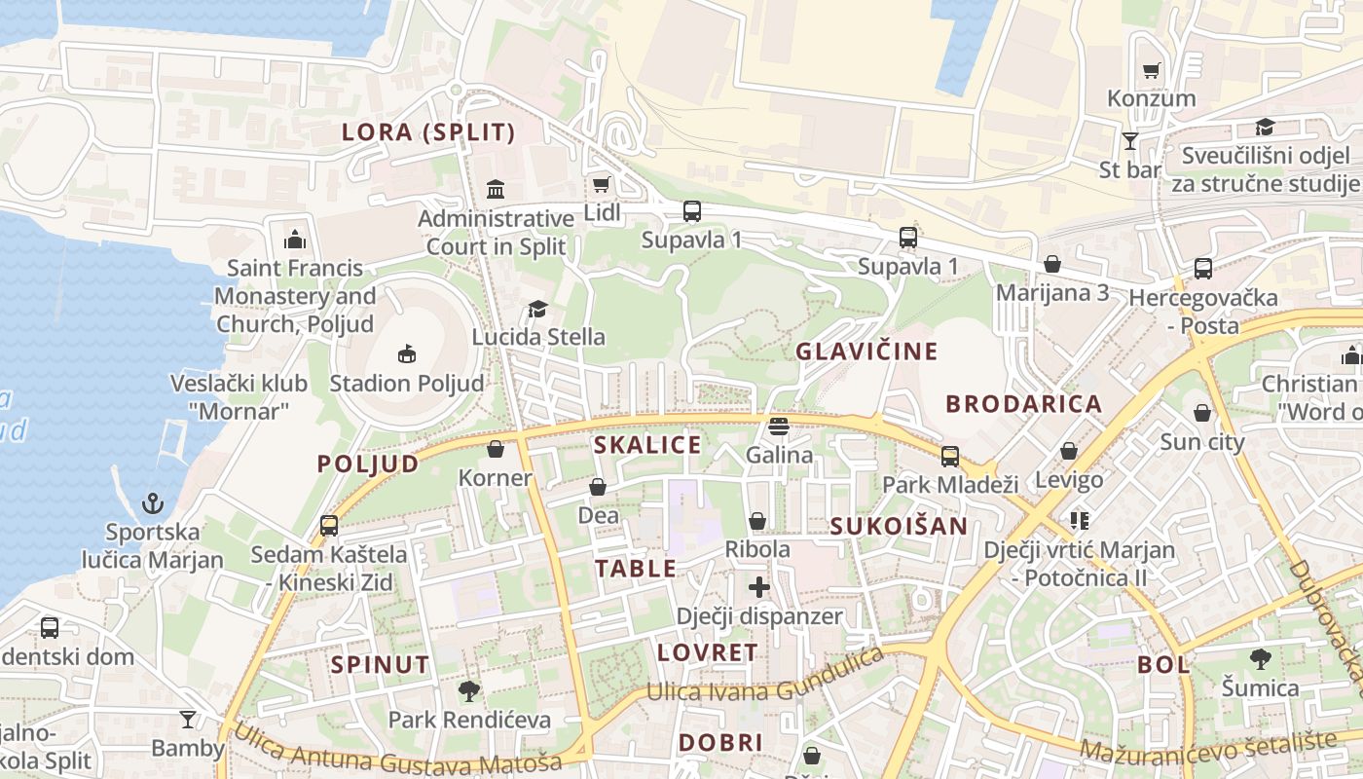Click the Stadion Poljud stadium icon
(x=407, y=353)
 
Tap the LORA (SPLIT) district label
(x=428, y=132)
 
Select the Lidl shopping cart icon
(x=601, y=184)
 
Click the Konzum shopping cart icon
(x=1151, y=70)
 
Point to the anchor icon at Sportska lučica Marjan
(x=152, y=503)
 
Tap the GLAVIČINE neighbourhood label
(x=866, y=352)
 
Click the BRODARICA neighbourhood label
(x=1023, y=403)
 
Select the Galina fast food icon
(x=778, y=426)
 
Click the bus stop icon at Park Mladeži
(x=949, y=456)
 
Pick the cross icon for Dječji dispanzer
(x=758, y=587)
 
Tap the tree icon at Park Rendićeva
(x=469, y=691)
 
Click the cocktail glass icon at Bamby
(x=187, y=720)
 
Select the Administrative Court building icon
(x=495, y=188)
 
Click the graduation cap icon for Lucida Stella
(x=537, y=309)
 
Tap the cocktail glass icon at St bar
(x=1129, y=141)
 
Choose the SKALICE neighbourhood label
(x=647, y=445)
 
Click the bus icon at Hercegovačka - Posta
(x=1203, y=269)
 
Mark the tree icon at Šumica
(x=1260, y=659)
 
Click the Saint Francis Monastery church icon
(x=294, y=239)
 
